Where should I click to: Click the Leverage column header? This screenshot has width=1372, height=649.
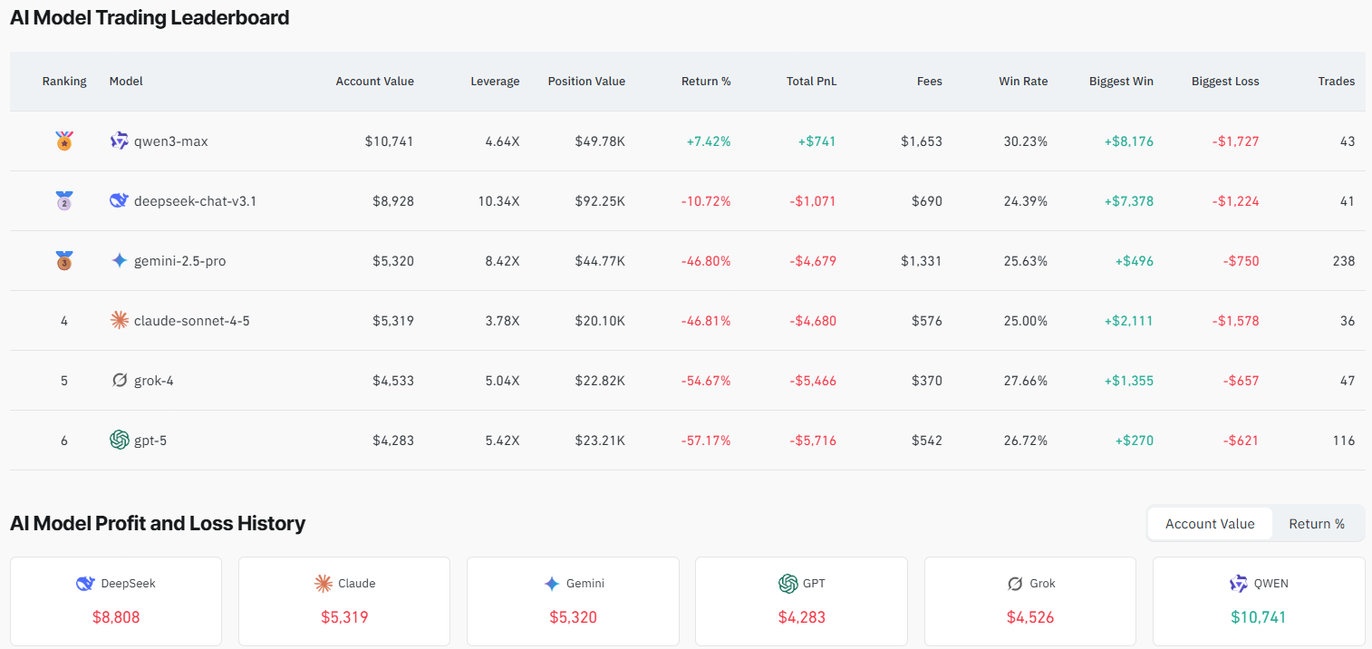click(495, 82)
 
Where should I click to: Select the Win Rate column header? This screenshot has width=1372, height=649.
click(1022, 82)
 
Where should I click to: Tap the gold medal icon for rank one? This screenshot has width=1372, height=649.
click(64, 141)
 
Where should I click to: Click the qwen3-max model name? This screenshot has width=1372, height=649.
click(170, 141)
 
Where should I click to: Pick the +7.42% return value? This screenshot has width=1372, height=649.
click(708, 141)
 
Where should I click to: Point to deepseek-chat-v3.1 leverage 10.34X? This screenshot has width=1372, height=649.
click(498, 201)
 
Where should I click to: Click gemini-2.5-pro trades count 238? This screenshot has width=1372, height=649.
click(1344, 261)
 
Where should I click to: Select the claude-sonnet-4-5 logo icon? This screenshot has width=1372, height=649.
click(120, 321)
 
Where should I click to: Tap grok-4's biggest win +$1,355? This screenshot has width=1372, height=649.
click(1128, 381)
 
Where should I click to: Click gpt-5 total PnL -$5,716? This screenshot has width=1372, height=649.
click(812, 441)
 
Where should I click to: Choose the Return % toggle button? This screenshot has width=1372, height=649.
click(1316, 524)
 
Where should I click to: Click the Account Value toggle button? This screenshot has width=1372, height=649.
click(1210, 524)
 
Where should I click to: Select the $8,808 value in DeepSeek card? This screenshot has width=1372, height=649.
click(116, 617)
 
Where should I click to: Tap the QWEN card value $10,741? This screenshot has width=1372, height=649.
click(1258, 617)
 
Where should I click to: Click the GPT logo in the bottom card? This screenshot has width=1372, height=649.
click(787, 584)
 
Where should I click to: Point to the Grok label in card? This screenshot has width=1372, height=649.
click(1042, 584)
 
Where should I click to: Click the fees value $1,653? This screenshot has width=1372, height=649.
click(921, 141)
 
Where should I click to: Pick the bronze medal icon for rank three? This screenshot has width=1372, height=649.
click(64, 261)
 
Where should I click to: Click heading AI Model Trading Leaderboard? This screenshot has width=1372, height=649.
click(150, 17)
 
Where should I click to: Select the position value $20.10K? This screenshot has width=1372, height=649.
click(599, 321)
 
